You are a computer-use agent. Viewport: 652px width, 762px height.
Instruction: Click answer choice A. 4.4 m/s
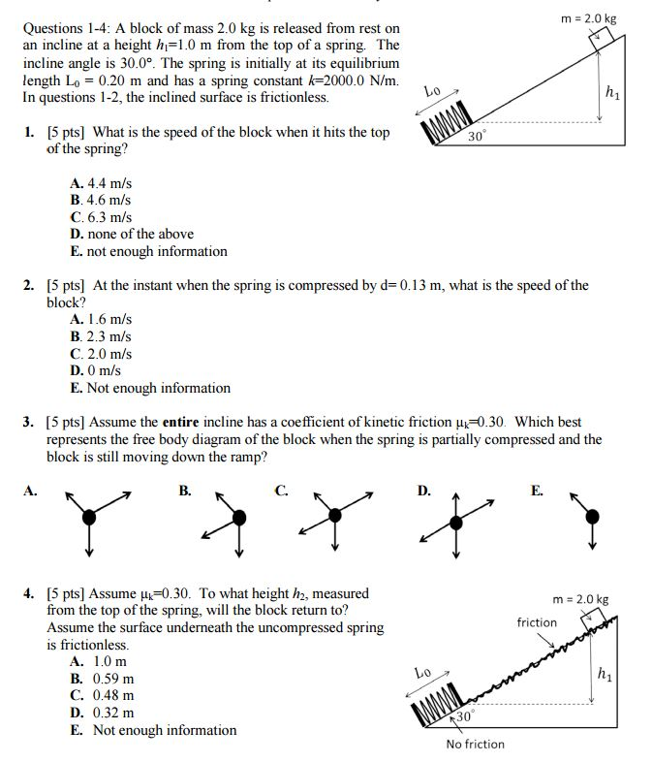pyautogui.click(x=101, y=181)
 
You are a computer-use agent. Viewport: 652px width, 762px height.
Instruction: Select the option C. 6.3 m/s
pyautogui.click(x=101, y=216)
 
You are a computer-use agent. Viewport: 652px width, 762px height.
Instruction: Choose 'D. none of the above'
pyautogui.click(x=132, y=234)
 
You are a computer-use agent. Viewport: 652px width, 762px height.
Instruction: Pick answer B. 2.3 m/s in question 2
pyautogui.click(x=101, y=335)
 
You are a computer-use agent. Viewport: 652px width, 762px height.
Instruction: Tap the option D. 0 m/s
pyautogui.click(x=97, y=370)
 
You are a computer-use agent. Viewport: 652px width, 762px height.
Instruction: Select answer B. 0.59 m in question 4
pyautogui.click(x=103, y=679)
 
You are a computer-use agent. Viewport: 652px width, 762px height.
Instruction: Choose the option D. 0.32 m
pyautogui.click(x=103, y=714)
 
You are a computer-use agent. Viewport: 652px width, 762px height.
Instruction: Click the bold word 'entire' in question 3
pyautogui.click(x=187, y=423)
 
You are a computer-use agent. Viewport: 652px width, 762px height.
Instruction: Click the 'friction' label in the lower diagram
pyautogui.click(x=537, y=622)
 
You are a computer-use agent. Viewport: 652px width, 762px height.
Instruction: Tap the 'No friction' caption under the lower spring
pyautogui.click(x=475, y=744)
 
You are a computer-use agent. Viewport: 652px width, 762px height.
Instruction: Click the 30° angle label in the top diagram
pyautogui.click(x=476, y=137)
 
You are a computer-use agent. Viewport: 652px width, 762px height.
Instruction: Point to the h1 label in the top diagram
pyautogui.click(x=611, y=93)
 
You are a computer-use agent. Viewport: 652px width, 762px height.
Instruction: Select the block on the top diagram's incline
pyautogui.click(x=601, y=38)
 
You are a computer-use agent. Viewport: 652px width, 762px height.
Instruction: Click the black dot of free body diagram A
pyautogui.click(x=89, y=517)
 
